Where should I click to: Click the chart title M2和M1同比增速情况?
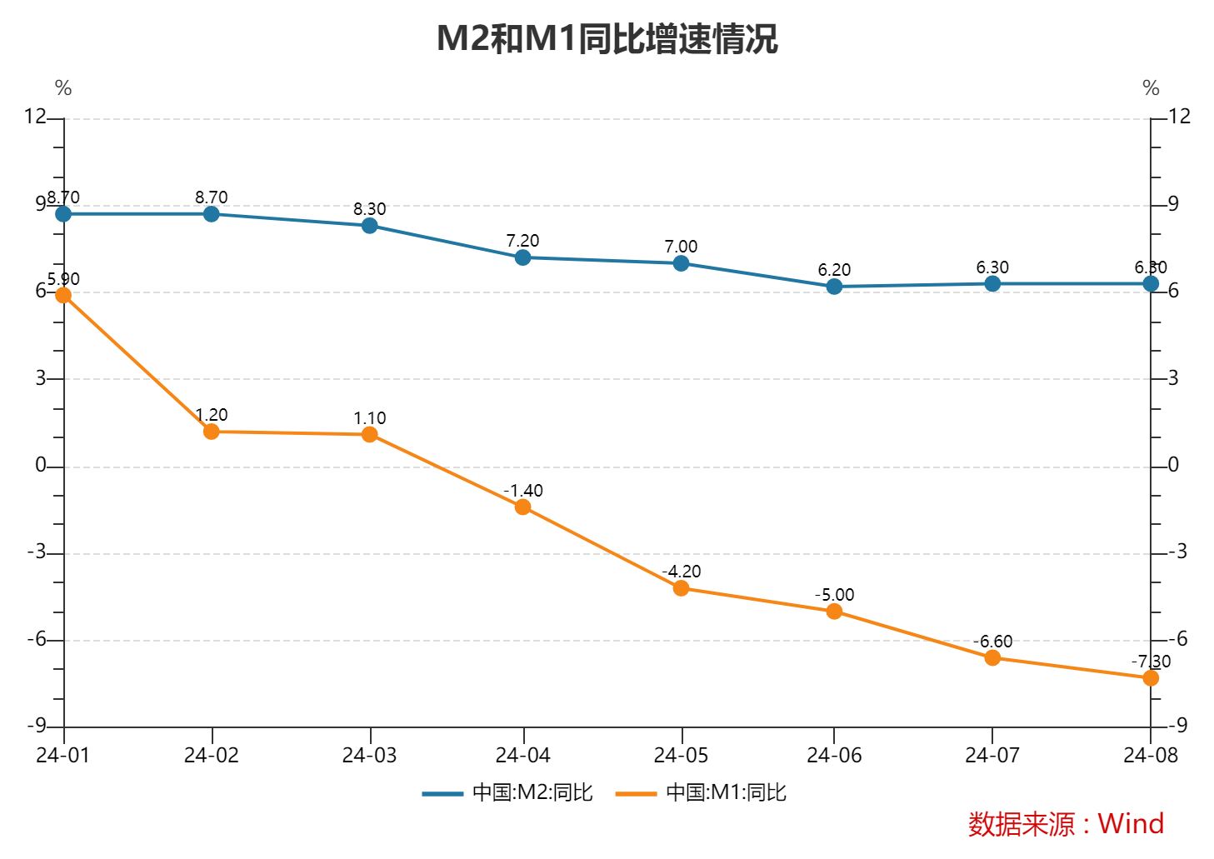(607, 39)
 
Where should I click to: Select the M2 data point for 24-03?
(370, 226)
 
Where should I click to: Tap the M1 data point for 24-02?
(212, 432)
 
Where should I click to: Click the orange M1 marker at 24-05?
(681, 588)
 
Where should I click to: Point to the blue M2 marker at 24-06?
(834, 287)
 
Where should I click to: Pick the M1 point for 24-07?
(992, 658)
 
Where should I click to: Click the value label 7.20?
(522, 241)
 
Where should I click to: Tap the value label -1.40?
(522, 491)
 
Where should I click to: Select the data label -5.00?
(834, 595)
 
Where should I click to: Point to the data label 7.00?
(681, 247)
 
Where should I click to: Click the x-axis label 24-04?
(522, 756)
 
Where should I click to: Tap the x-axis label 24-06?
(834, 756)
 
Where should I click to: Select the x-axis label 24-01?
(63, 756)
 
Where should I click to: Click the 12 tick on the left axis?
(35, 116)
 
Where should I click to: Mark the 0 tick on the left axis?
(41, 466)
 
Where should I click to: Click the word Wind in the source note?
(1131, 824)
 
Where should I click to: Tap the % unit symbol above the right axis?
(1151, 88)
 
